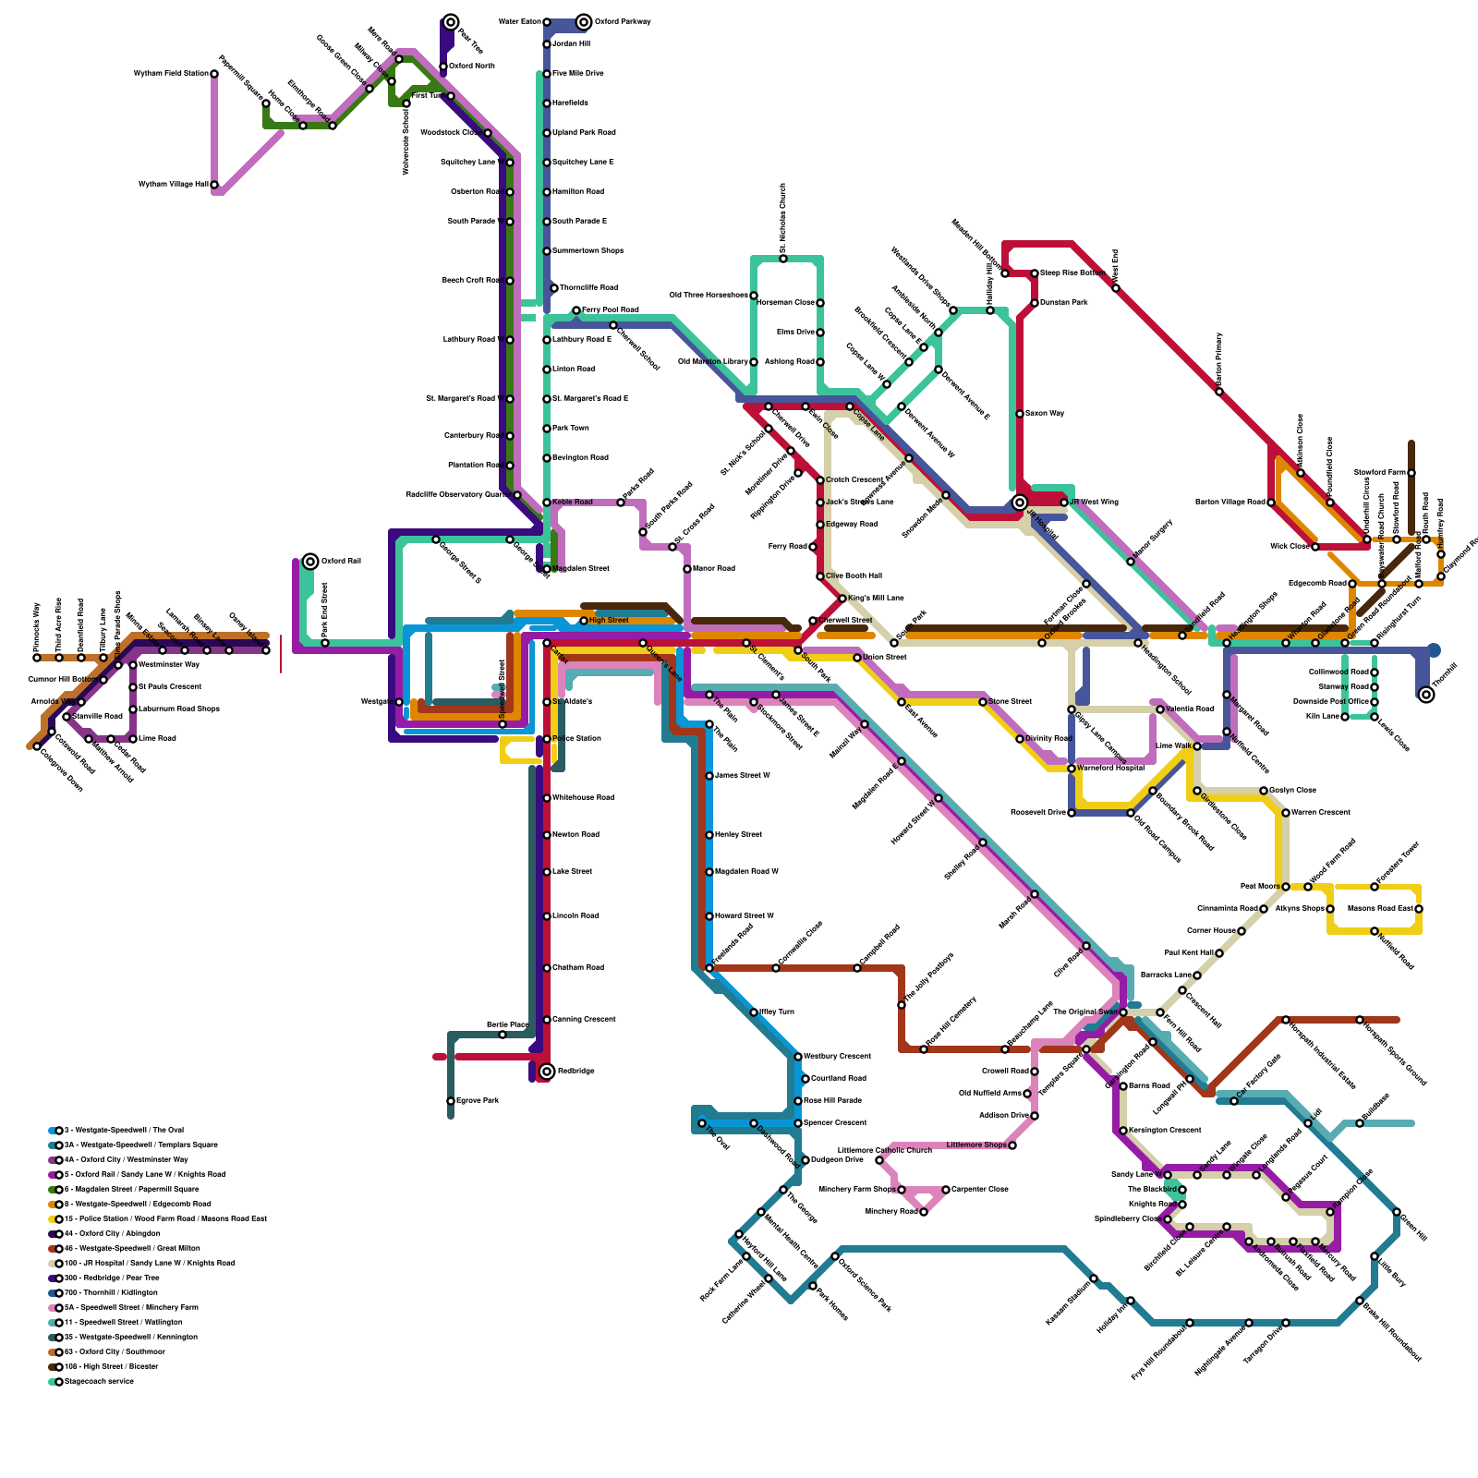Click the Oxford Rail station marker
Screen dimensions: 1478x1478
[310, 561]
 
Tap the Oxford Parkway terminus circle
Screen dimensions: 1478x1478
[584, 21]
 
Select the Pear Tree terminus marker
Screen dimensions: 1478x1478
[450, 21]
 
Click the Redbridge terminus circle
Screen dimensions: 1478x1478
[547, 1071]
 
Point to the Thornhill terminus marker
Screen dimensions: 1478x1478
[1426, 694]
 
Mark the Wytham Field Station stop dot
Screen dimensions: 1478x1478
[214, 73]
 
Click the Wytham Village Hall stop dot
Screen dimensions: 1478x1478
[214, 185]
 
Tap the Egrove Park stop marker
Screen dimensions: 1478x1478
[451, 1100]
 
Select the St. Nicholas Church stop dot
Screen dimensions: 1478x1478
[783, 258]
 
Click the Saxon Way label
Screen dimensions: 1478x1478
[1045, 413]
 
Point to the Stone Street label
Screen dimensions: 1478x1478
[1010, 701]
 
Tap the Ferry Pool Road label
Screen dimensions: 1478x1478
[610, 309]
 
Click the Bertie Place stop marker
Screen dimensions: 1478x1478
[503, 1034]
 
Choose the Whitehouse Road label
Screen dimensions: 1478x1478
[583, 797]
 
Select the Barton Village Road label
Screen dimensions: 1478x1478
[1230, 502]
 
